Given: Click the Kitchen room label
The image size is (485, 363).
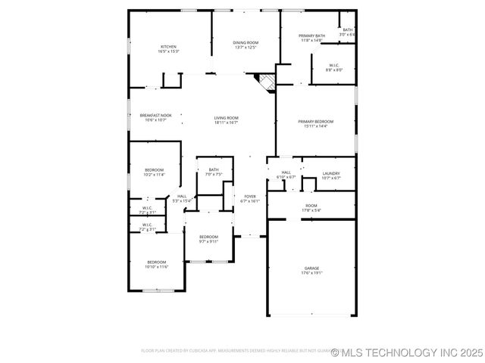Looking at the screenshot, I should (168, 49).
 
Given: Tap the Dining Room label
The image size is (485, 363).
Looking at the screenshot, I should (246, 45).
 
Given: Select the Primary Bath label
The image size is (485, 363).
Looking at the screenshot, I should (311, 38).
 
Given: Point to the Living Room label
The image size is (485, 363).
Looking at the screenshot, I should (226, 119).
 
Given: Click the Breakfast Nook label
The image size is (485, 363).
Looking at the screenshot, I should (155, 117).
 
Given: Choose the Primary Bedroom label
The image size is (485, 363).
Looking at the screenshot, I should (315, 123).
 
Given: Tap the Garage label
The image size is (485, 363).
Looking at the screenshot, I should (311, 270).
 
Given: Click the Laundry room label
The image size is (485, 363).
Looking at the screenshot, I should (330, 175).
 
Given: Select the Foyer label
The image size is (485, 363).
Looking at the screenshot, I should (249, 198).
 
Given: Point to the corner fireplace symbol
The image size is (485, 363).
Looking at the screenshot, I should (265, 81).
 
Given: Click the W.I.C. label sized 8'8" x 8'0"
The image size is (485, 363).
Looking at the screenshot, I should (333, 67).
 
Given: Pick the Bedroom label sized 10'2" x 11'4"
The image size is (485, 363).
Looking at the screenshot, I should (154, 172).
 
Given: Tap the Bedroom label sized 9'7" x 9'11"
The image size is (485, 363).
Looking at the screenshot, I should (208, 239).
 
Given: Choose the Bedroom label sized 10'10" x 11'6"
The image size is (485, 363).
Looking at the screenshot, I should (156, 264).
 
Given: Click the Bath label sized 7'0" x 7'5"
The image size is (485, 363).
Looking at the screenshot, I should (214, 172).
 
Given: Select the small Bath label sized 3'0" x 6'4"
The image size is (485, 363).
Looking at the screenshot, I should (347, 32).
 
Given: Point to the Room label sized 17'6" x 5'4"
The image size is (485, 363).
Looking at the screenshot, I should (311, 207).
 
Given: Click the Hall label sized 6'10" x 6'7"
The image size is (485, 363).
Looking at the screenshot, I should (286, 175).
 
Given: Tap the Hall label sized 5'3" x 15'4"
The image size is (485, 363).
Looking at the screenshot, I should (182, 198).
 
